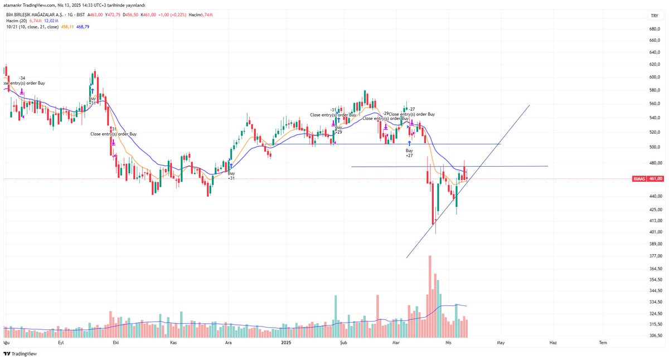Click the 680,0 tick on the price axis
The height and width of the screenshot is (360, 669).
click(655, 29)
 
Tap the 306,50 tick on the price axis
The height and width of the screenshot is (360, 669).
click(655, 335)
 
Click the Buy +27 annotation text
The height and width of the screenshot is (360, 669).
click(409, 153)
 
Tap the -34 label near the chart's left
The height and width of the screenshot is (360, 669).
click(22, 78)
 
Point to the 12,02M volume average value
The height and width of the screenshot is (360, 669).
click(51, 20)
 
